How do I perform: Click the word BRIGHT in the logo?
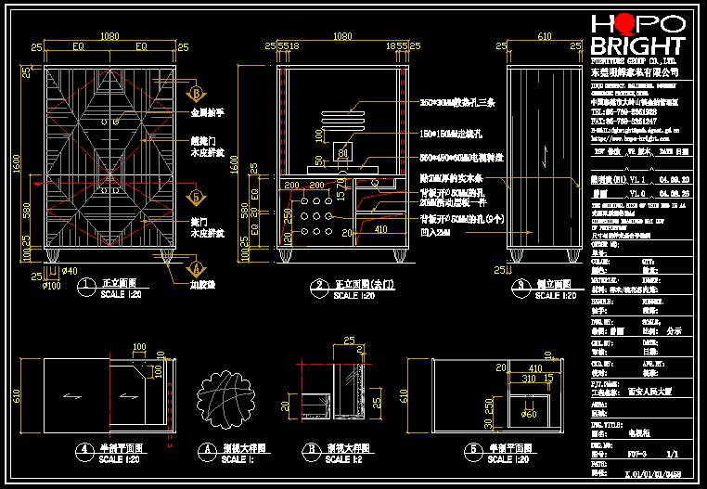coord(638,46)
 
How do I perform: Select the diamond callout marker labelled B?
coord(196,93)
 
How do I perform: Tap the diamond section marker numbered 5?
coord(197,197)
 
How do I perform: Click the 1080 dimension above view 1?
coord(109,36)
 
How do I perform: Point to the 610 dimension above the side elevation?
coord(545,36)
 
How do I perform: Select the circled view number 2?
coord(319,285)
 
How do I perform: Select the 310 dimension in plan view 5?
coord(530,379)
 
